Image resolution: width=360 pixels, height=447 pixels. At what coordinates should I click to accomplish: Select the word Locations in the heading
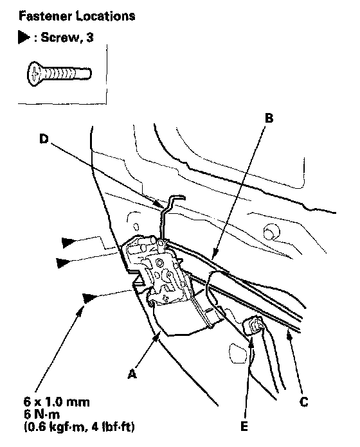[x=105, y=16]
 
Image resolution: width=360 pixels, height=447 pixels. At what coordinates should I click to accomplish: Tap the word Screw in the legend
[x=59, y=37]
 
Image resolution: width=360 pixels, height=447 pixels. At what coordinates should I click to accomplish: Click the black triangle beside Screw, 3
[x=23, y=37]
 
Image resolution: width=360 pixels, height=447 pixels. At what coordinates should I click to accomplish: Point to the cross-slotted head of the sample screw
[x=34, y=74]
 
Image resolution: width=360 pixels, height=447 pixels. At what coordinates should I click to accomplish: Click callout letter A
[x=132, y=373]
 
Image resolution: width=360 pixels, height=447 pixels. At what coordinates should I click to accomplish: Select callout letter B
[x=269, y=118]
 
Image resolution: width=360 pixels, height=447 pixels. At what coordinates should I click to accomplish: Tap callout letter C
[x=304, y=401]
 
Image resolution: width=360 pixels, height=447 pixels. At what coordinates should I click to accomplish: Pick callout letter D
[x=44, y=139]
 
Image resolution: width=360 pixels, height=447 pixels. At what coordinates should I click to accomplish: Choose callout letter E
[x=244, y=426]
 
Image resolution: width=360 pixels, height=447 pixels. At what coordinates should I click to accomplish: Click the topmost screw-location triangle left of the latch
[x=68, y=242]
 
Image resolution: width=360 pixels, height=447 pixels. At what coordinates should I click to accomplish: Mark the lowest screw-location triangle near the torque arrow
[x=89, y=298]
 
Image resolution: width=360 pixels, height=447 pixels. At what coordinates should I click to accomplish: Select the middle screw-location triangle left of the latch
[x=62, y=263]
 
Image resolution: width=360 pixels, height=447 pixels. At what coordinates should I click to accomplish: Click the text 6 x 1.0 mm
[x=57, y=402]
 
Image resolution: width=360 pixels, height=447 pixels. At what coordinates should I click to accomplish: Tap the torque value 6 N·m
[x=42, y=414]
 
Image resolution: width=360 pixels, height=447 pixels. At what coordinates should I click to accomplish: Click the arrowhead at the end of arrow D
[x=159, y=206]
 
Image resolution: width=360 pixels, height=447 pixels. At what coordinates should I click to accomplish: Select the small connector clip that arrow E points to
[x=253, y=325]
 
